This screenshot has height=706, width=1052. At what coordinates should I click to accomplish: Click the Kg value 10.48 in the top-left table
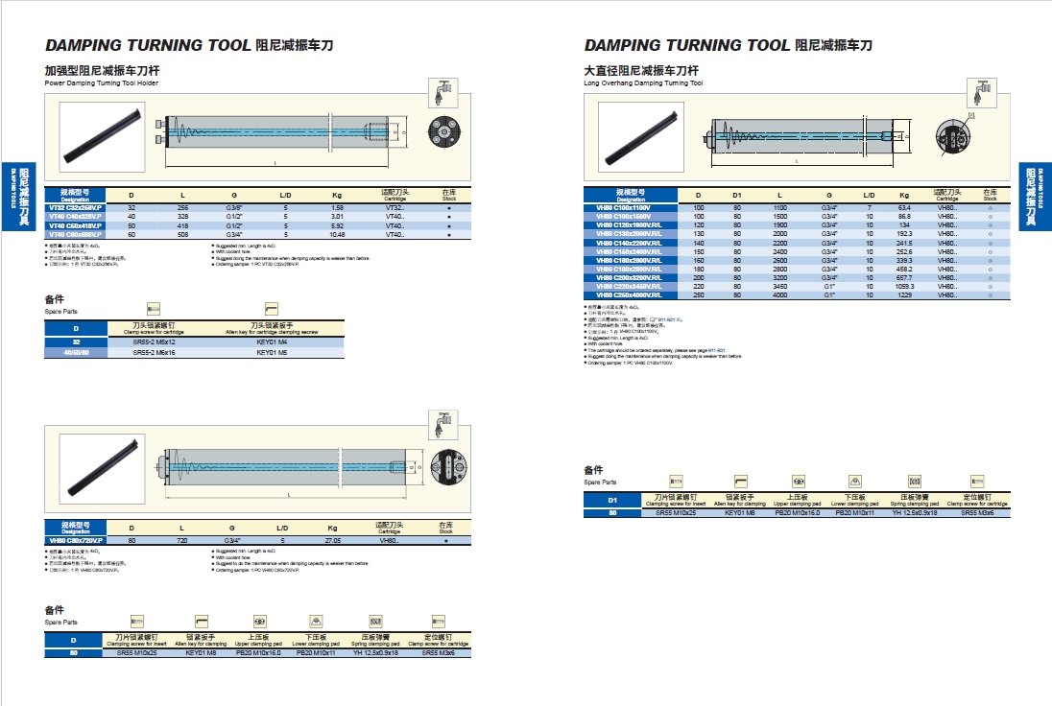[337, 234]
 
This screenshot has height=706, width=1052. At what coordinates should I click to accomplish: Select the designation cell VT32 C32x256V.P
[74, 207]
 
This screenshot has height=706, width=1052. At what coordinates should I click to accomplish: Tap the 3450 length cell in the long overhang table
[779, 286]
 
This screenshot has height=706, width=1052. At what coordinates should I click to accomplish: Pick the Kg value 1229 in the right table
[903, 294]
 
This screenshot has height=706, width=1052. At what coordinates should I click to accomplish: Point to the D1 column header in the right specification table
[737, 194]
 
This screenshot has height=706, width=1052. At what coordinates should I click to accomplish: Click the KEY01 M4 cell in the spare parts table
[271, 342]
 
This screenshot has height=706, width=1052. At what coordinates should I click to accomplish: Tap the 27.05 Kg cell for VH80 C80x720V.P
[333, 541]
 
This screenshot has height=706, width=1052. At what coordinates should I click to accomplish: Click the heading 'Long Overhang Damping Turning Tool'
[643, 83]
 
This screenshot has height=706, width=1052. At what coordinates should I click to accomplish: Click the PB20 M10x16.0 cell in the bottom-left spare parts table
[258, 652]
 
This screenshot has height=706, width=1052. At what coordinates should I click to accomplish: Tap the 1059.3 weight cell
[903, 286]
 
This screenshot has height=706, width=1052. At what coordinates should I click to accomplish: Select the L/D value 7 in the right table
[869, 207]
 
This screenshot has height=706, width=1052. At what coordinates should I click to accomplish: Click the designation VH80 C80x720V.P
[75, 541]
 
